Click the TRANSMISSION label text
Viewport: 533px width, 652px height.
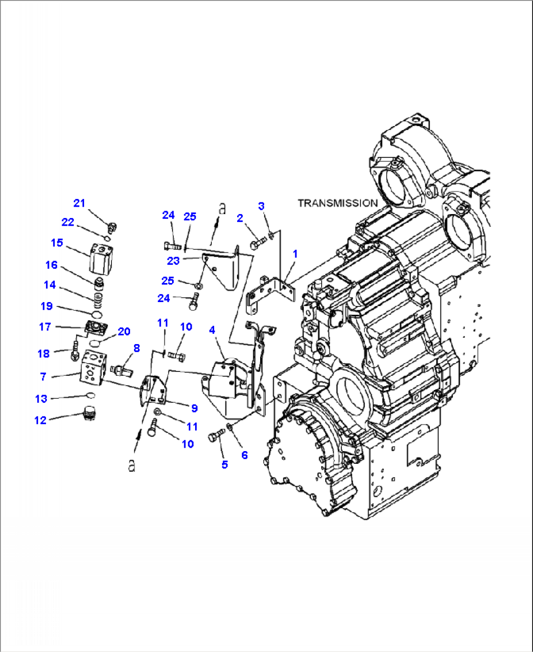pos(338,203)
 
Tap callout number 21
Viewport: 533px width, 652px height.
pos(79,203)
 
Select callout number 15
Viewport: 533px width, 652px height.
pos(57,243)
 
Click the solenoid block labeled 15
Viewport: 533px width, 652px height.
pos(101,260)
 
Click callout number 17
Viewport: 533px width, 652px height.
pos(45,326)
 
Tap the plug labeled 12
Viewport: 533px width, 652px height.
pos(89,415)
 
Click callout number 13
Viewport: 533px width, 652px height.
pos(41,399)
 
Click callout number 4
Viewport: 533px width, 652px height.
pos(212,330)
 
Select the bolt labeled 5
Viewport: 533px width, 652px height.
pos(216,436)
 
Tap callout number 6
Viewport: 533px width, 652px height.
pos(244,455)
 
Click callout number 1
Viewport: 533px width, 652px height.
pos(295,254)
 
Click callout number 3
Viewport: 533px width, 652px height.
pos(261,206)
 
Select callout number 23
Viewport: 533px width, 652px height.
pos(173,261)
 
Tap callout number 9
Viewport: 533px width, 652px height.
pos(194,408)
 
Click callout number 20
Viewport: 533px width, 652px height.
pos(124,331)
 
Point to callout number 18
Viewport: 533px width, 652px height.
pos(44,353)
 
